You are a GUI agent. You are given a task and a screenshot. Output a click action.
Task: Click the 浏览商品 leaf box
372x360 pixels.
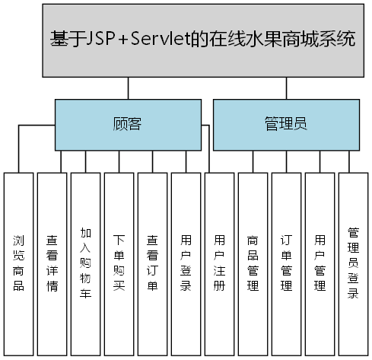pyautogui.click(x=18, y=263)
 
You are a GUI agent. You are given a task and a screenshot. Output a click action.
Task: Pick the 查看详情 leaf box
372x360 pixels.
pyautogui.click(x=52, y=263)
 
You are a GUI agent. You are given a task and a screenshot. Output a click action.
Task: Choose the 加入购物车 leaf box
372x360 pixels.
pyautogui.click(x=85, y=263)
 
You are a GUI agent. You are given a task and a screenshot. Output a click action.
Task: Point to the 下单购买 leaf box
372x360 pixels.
pyautogui.click(x=119, y=263)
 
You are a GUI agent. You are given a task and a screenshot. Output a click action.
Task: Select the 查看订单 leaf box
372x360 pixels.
pyautogui.click(x=152, y=263)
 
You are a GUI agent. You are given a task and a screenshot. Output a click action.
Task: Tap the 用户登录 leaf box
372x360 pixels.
pyautogui.click(x=186, y=263)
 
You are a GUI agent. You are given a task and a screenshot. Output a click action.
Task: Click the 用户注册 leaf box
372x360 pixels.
pyautogui.click(x=219, y=263)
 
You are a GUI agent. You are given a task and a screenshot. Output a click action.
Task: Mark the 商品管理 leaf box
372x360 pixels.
pyautogui.click(x=253, y=263)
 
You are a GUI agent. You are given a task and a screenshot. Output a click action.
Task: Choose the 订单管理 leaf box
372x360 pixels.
pyautogui.click(x=286, y=263)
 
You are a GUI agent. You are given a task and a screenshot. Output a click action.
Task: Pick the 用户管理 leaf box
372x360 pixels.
pyautogui.click(x=320, y=263)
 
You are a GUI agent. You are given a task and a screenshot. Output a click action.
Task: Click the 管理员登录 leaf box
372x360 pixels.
pyautogui.click(x=353, y=263)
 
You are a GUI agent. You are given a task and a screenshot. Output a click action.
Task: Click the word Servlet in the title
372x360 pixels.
pyautogui.click(x=180, y=39)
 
